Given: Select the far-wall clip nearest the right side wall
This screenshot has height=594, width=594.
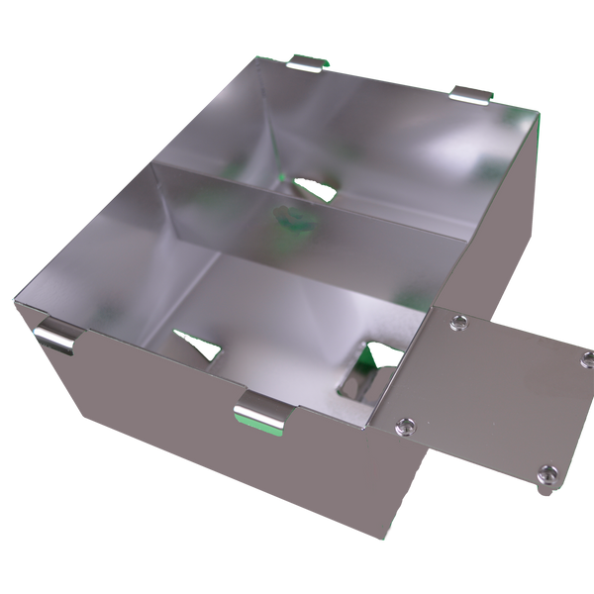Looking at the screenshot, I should coord(471,94).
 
